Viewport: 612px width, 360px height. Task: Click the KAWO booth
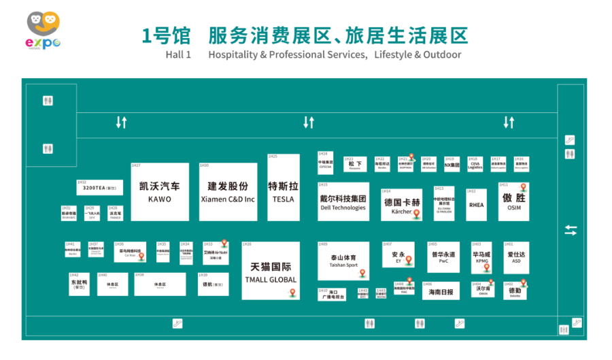click(x=160, y=192)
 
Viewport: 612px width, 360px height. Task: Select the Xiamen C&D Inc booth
click(x=228, y=192)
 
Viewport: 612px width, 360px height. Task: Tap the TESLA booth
click(x=283, y=192)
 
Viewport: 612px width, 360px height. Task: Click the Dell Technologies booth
click(x=343, y=202)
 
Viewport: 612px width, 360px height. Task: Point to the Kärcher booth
click(x=401, y=205)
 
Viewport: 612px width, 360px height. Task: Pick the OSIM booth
click(x=513, y=201)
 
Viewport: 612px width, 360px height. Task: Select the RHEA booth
click(x=476, y=204)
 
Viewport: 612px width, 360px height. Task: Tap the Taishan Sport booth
click(x=343, y=261)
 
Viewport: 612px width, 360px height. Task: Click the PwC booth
click(x=443, y=257)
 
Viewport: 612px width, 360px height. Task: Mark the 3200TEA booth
click(x=99, y=187)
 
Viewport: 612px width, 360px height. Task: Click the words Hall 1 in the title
click(x=178, y=54)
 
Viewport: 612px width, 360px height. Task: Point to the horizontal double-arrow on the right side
click(x=571, y=231)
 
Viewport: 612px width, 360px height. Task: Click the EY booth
click(x=398, y=257)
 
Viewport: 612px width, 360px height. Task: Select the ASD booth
click(x=516, y=257)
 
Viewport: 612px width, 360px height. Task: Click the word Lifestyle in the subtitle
click(x=392, y=54)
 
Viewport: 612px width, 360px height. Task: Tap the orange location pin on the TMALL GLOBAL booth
click(x=292, y=293)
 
